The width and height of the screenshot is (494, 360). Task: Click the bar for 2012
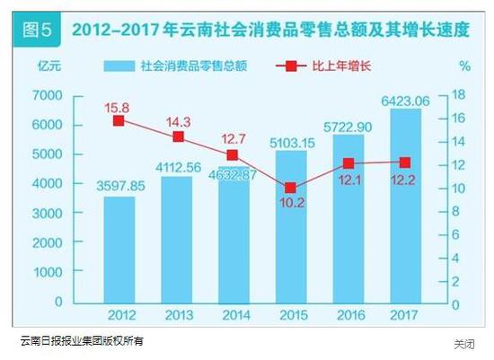click(119, 250)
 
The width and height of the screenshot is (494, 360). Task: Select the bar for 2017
click(404, 206)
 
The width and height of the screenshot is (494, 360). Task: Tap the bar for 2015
click(290, 227)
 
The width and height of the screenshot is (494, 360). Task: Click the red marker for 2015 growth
click(290, 188)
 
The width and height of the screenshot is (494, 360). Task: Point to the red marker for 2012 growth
click(119, 120)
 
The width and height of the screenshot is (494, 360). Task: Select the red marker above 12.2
click(404, 162)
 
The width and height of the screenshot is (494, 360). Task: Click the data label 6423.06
click(404, 100)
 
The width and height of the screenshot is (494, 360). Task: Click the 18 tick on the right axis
click(457, 95)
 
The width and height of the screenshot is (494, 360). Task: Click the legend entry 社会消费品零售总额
click(192, 66)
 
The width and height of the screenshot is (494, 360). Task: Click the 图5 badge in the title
click(37, 29)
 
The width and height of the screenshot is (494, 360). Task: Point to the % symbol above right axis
click(463, 66)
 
